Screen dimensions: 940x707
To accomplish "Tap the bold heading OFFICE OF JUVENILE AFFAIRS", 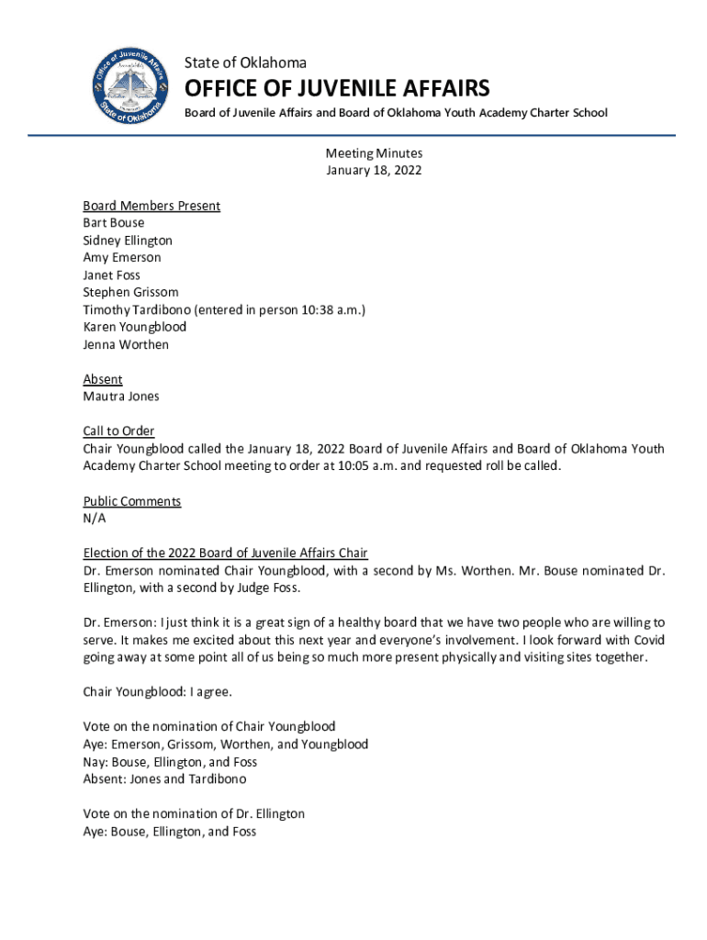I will (x=337, y=88).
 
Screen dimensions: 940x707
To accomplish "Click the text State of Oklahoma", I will (x=245, y=62).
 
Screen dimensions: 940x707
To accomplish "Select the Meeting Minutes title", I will (x=374, y=153).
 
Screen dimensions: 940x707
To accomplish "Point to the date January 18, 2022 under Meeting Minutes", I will (x=374, y=171).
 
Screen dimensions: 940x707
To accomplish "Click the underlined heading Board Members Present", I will (x=151, y=206).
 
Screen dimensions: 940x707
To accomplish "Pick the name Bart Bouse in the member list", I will (x=114, y=223).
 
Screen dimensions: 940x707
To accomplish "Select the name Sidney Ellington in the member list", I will (x=128, y=241).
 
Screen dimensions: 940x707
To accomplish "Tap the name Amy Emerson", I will (x=122, y=258).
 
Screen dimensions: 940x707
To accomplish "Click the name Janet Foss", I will (x=112, y=275).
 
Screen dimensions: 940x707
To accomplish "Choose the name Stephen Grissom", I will (x=131, y=293).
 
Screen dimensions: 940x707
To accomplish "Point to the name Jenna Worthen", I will (x=126, y=345).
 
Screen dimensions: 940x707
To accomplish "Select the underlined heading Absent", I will (x=103, y=379).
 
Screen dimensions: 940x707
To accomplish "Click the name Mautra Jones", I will (x=121, y=397).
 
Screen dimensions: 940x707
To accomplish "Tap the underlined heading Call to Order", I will (x=118, y=431).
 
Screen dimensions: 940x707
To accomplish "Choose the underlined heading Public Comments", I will (x=132, y=501).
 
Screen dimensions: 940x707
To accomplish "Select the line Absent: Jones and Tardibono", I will (x=164, y=779).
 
